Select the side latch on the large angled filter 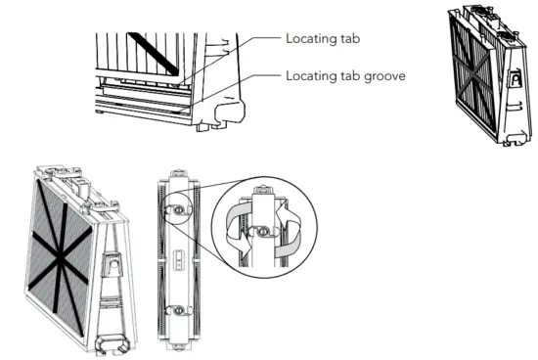113,262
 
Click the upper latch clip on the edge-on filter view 178,208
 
